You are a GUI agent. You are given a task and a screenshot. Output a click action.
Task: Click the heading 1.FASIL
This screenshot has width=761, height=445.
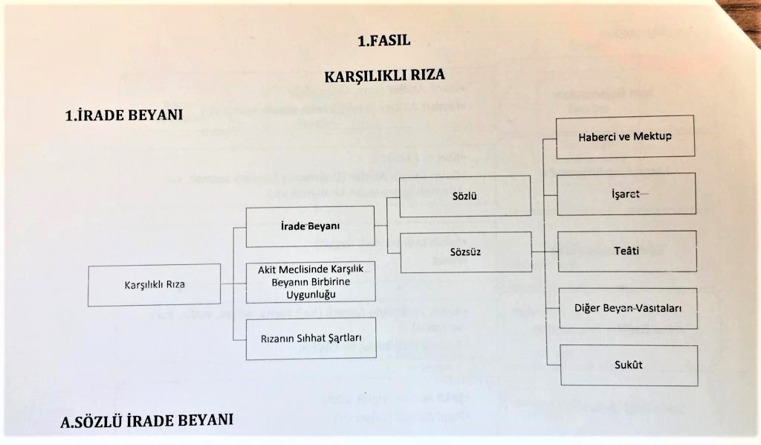(x=383, y=42)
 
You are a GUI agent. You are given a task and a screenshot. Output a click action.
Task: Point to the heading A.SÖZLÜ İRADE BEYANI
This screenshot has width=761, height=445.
(x=147, y=420)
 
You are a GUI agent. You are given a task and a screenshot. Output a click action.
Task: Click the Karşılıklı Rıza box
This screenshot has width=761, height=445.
(x=155, y=284)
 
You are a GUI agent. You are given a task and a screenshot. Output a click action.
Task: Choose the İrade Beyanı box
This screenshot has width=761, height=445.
(x=310, y=226)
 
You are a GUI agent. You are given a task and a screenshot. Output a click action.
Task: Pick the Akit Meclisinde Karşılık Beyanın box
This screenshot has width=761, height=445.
(x=310, y=282)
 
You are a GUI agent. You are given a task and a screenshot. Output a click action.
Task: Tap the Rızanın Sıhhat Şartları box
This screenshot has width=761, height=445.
(x=310, y=338)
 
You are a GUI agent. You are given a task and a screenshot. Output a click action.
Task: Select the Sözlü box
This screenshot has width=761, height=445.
(x=464, y=196)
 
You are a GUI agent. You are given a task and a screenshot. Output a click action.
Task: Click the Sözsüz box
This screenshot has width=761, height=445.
(x=465, y=252)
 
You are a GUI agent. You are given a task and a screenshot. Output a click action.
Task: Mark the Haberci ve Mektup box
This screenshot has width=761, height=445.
(x=625, y=136)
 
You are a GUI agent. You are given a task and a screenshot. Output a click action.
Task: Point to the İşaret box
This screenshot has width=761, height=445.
(x=626, y=194)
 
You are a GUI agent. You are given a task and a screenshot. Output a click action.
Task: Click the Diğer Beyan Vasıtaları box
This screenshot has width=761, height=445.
(x=628, y=308)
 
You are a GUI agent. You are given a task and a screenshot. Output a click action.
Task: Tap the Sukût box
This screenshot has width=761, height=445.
(x=628, y=365)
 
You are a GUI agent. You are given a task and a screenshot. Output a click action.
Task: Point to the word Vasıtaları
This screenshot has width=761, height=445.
(x=656, y=308)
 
